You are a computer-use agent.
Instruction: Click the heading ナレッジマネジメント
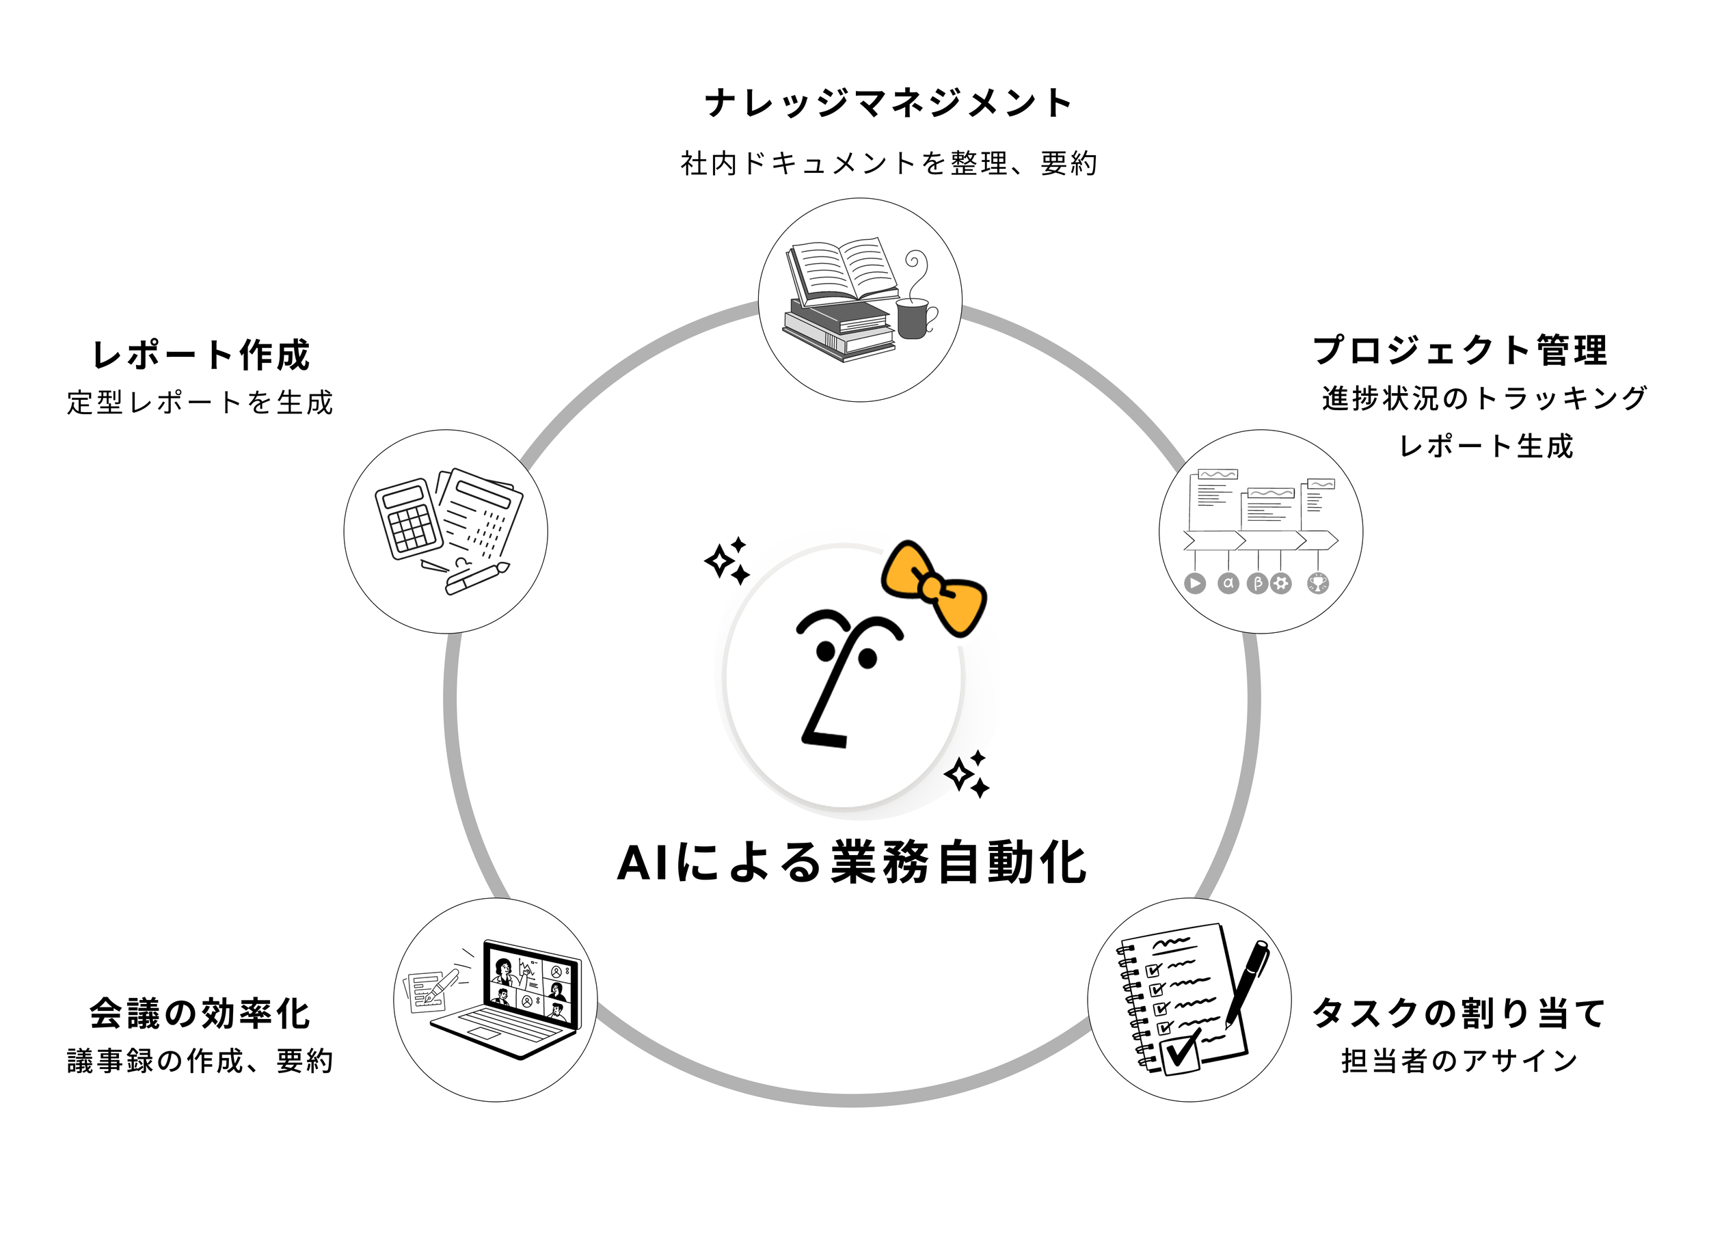(x=888, y=103)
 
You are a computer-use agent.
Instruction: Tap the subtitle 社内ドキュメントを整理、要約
(x=888, y=163)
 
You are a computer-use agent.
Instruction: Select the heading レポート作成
(x=200, y=355)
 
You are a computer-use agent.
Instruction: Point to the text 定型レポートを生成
(x=200, y=402)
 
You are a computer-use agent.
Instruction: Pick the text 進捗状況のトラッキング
(x=1484, y=398)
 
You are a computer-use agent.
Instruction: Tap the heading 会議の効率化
(x=200, y=1014)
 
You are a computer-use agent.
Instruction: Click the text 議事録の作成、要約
(x=200, y=1061)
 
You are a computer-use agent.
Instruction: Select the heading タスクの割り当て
(x=1459, y=1013)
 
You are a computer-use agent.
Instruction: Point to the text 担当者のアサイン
(x=1459, y=1061)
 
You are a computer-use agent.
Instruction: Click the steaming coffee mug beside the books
(x=915, y=316)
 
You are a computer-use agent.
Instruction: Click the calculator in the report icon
(x=408, y=519)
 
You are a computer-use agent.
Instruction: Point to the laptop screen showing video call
(x=531, y=984)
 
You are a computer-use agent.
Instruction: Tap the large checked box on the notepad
(x=1181, y=1052)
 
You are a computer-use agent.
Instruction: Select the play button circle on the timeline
(x=1195, y=583)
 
